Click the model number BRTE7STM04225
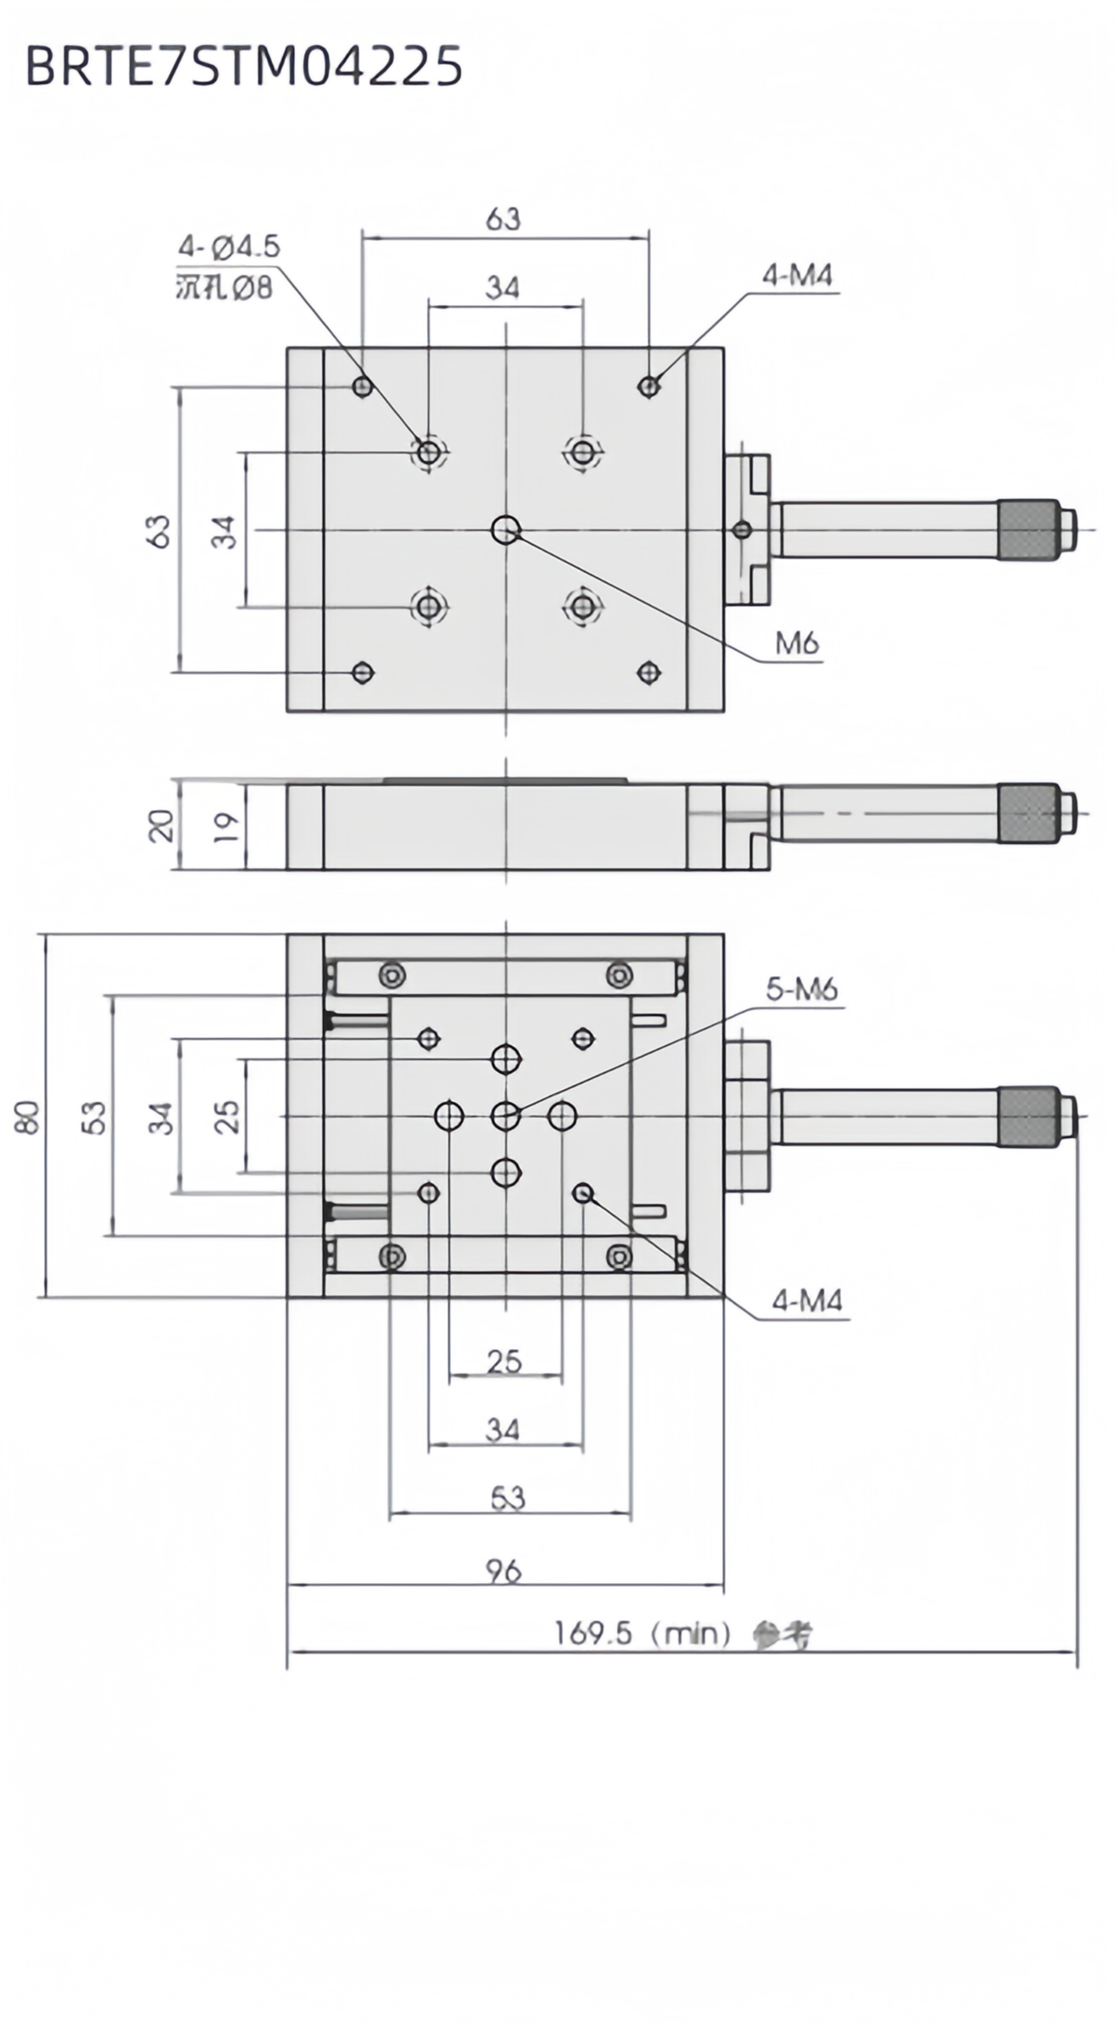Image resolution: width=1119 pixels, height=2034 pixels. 244,66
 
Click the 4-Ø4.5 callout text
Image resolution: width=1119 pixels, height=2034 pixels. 228,247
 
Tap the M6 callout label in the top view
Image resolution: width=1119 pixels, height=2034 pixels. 797,644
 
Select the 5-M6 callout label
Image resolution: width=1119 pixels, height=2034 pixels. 801,989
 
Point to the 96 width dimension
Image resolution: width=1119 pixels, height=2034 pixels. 504,1570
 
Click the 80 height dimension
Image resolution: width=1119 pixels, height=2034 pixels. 27,1116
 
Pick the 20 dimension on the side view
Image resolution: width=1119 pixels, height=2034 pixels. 161,825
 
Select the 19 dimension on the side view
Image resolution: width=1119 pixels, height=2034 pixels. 225,826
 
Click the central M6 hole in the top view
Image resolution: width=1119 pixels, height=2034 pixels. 505,530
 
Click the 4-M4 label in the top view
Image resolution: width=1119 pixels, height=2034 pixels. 797,275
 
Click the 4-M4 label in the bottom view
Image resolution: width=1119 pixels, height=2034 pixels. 806,1300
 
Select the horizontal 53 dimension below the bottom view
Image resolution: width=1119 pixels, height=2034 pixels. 508,1498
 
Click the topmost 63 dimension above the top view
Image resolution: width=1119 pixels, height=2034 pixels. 503,220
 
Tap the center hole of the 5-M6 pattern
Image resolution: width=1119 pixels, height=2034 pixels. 505,1116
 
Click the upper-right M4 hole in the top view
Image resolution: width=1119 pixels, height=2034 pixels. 649,386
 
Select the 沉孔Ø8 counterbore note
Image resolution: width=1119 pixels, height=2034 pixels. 224,288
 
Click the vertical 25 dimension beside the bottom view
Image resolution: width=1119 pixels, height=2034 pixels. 226,1116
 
